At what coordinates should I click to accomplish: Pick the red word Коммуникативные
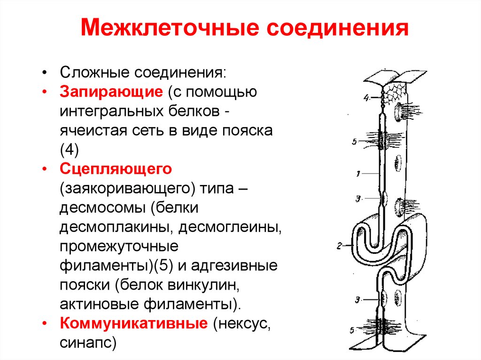[x=133, y=323]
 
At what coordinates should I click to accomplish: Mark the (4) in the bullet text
[x=70, y=149]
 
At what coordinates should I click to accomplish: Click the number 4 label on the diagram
[x=366, y=98]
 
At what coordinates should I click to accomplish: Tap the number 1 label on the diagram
[x=358, y=174]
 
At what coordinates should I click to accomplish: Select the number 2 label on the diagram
[x=339, y=245]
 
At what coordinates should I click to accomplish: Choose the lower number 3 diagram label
[x=357, y=299]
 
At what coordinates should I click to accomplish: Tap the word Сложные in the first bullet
[x=95, y=73]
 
